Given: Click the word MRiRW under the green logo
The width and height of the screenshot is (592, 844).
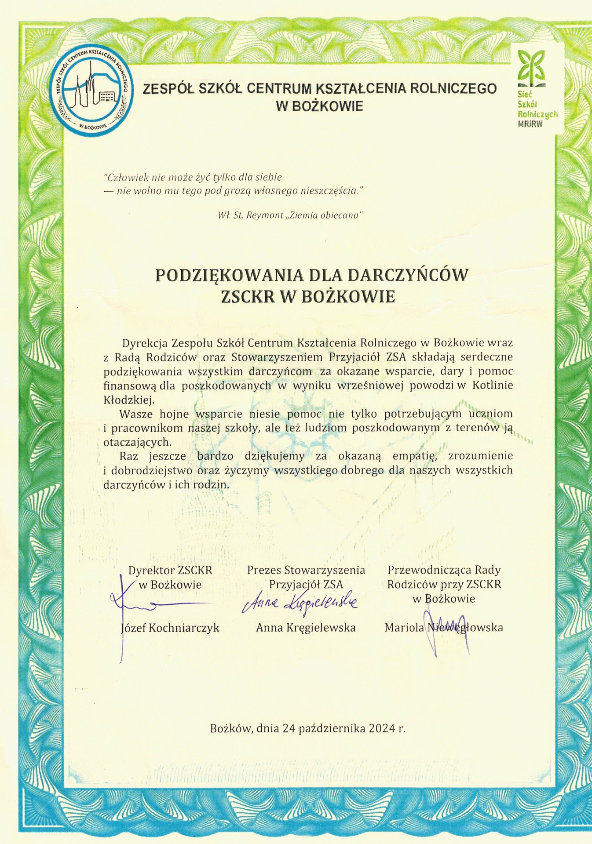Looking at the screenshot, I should (x=530, y=124).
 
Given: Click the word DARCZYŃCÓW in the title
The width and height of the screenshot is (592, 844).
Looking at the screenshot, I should (x=408, y=275).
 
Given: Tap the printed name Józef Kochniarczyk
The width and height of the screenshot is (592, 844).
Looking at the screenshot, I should (x=170, y=628).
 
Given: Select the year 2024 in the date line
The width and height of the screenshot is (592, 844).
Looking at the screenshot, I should (x=382, y=728).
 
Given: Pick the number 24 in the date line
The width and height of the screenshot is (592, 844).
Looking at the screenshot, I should (x=289, y=728).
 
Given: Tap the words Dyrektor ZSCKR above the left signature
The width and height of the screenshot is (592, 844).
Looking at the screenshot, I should (x=170, y=570).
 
